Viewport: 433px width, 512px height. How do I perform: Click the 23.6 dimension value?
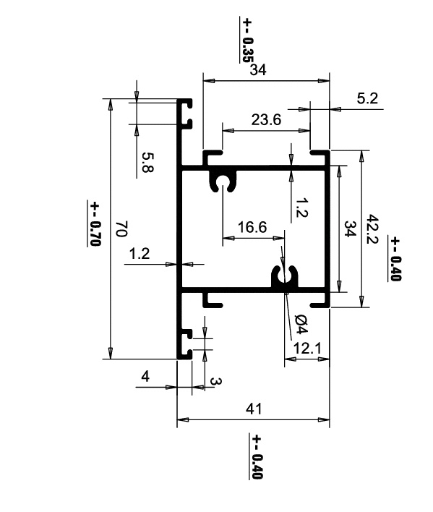(266, 120)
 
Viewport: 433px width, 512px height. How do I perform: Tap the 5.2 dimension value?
(367, 98)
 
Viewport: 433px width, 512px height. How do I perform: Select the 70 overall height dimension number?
(121, 229)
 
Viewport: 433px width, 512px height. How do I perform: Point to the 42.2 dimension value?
(372, 229)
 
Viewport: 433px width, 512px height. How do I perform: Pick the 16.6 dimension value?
(252, 227)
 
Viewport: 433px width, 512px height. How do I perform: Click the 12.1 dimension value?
(307, 349)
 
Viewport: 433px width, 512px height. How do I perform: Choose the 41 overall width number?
(254, 409)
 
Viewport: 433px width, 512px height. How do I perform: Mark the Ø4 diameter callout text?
(301, 324)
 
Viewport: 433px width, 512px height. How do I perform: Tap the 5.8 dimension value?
(147, 162)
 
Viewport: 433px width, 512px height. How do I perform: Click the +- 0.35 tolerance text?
(247, 40)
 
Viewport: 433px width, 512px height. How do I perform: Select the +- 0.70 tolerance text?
(95, 224)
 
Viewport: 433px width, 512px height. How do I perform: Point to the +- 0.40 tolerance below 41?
(257, 456)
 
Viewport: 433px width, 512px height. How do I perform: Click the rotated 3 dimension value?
(215, 381)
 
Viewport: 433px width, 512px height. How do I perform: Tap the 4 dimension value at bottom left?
(145, 377)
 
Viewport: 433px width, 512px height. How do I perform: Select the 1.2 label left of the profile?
(140, 253)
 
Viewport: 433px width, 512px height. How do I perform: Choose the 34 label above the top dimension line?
(258, 69)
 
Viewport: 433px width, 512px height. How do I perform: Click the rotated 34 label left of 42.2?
(350, 229)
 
